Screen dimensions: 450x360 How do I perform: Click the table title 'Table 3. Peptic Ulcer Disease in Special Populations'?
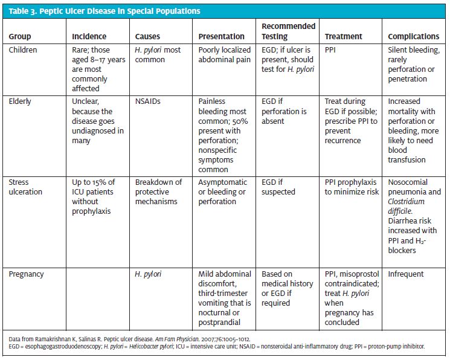pos(104,11)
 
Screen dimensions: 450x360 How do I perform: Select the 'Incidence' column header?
pos(89,36)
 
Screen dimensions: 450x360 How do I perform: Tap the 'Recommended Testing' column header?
pos(288,31)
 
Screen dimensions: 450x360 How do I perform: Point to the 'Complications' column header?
pos(413,36)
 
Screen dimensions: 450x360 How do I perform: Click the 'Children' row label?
pos(23,50)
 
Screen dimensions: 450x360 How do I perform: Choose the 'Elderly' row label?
pos(19,101)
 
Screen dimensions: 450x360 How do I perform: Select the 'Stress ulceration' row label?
pos(25,187)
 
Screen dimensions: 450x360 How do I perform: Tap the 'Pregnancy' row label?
pos(26,274)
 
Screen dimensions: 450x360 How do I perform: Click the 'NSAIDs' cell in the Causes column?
pos(147,101)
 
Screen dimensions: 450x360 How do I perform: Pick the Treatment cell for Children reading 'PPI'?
pos(330,50)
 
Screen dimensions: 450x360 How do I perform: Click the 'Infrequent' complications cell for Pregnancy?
pos(405,274)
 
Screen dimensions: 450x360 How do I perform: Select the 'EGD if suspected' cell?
pos(278,187)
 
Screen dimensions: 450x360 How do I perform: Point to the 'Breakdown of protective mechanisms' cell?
pos(158,191)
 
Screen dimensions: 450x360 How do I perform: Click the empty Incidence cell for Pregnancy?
pos(98,299)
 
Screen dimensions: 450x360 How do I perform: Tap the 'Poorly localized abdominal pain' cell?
pos(225,54)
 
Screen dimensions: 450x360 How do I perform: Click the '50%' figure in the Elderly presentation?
pos(240,121)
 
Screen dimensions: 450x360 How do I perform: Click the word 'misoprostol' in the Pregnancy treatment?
pos(359,274)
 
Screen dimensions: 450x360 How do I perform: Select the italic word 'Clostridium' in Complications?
pos(406,202)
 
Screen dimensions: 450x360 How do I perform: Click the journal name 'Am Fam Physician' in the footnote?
pos(177,339)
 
